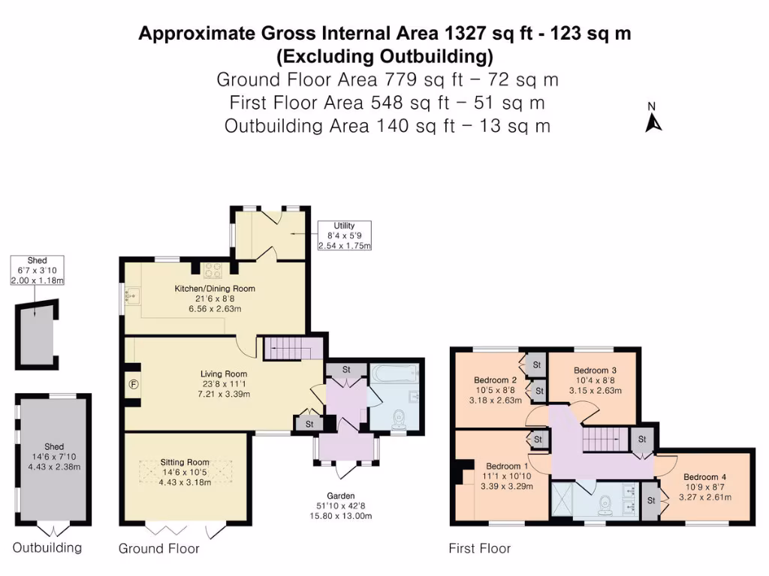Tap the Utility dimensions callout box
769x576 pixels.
[x=344, y=235]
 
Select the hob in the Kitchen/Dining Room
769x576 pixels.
[x=213, y=270]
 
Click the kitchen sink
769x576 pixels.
[x=132, y=296]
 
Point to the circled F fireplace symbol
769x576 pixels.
[x=134, y=385]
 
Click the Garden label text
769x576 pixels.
[x=341, y=496]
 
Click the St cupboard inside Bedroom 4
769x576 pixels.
[x=651, y=501]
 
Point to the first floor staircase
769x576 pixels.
[x=606, y=439]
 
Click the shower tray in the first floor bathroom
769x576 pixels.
[x=562, y=499]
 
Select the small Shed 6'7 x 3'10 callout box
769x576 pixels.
[x=38, y=270]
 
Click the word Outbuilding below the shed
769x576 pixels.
[x=47, y=547]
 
